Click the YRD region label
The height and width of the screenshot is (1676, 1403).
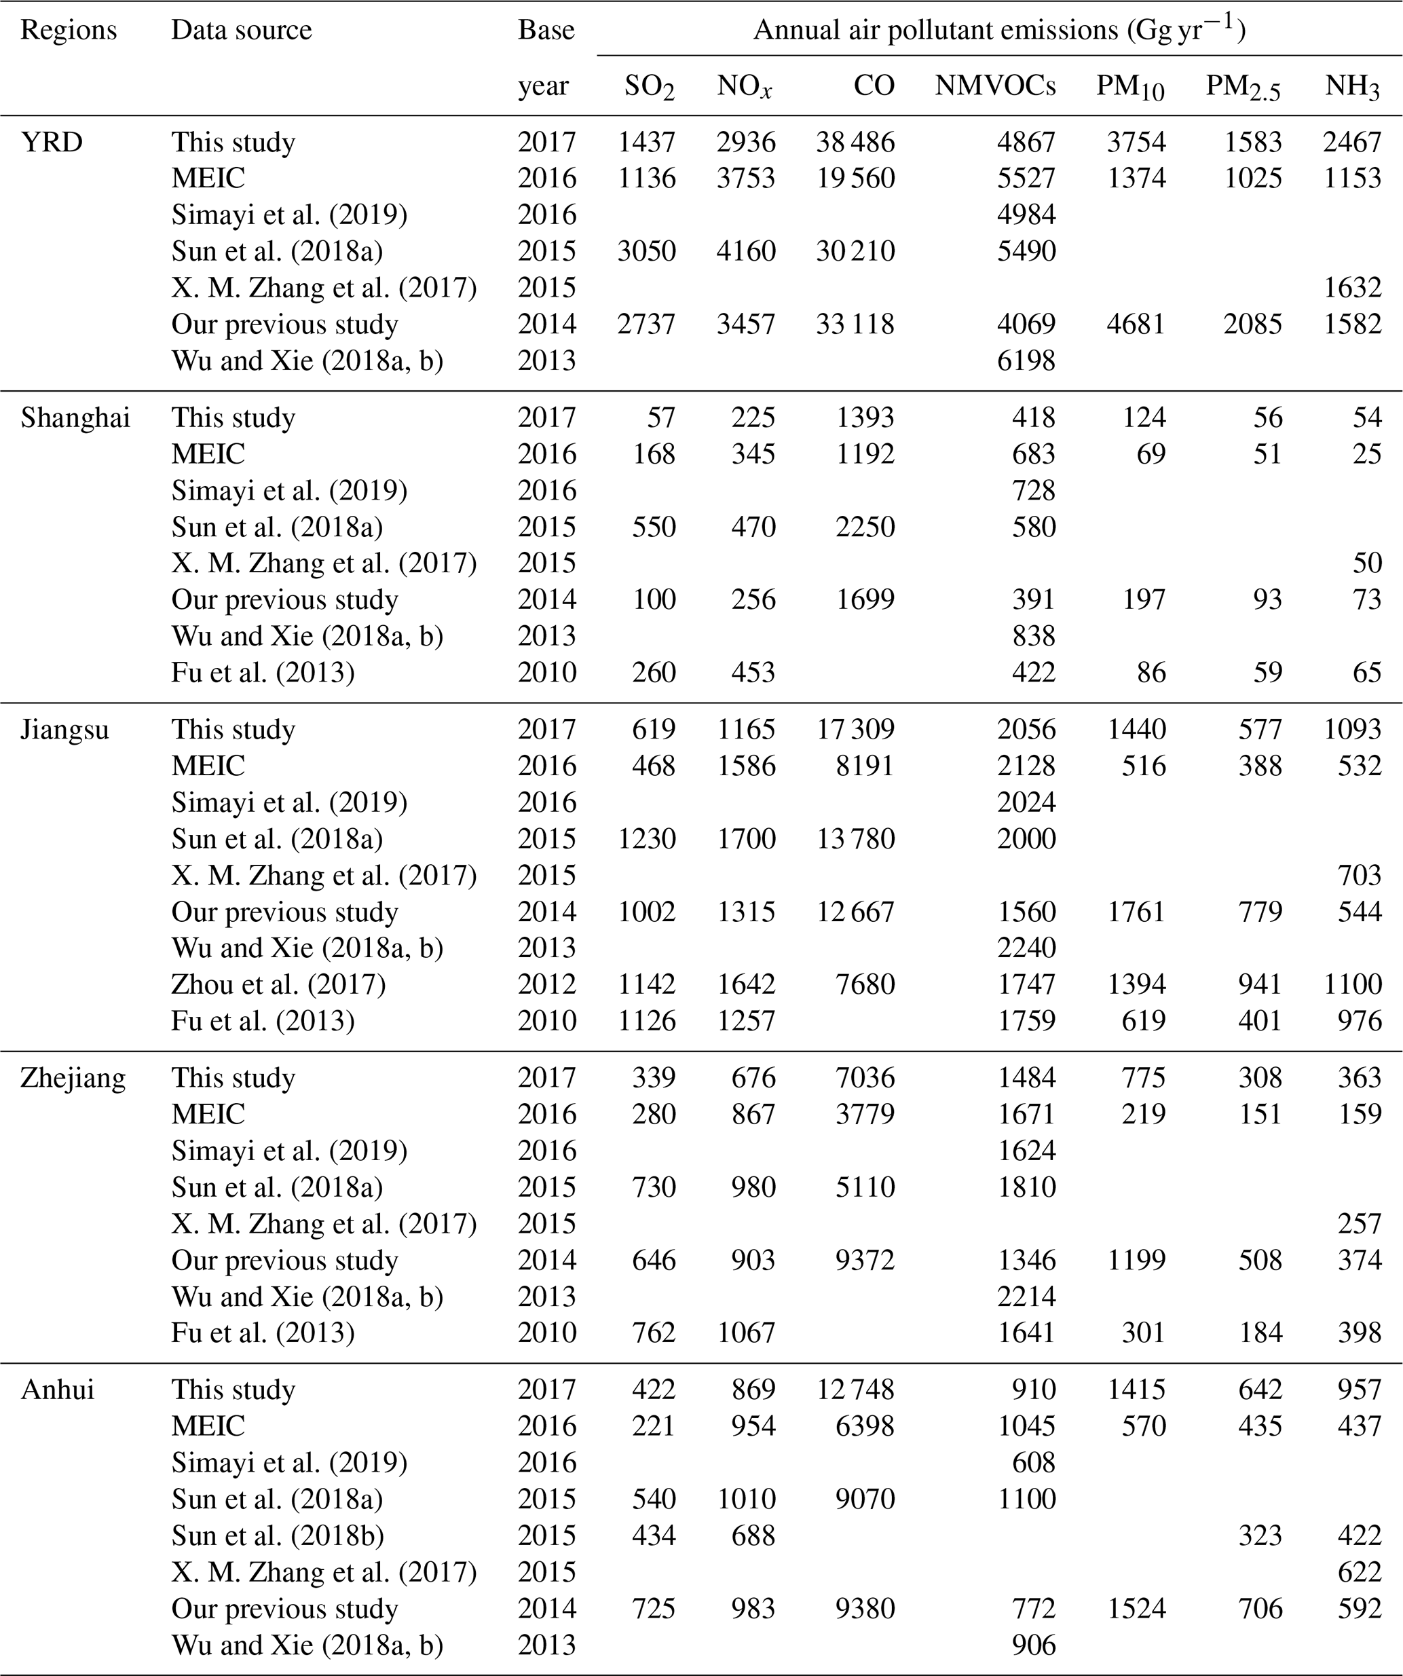coord(51,142)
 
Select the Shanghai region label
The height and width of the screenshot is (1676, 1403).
coord(75,417)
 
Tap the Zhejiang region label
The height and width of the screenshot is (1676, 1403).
coord(73,1077)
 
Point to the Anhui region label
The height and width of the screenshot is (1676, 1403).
coord(58,1390)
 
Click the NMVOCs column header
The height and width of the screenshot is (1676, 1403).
coord(994,86)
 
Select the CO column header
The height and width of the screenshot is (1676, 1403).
coord(874,86)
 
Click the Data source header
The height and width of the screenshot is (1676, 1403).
coord(241,31)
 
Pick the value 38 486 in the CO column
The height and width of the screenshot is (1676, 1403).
coord(855,142)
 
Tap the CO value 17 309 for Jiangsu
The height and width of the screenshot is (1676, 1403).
coord(855,730)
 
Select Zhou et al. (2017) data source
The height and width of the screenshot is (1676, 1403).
coord(278,984)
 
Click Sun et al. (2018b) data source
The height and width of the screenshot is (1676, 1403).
coord(277,1535)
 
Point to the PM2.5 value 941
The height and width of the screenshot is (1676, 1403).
coord(1260,984)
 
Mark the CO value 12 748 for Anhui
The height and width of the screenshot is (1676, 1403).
coord(855,1390)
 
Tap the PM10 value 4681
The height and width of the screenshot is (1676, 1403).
coord(1136,324)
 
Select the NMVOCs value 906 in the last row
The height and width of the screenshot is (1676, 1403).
coord(1034,1645)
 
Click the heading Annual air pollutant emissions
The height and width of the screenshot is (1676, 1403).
coord(998,31)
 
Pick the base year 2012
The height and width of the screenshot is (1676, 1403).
coord(546,984)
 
